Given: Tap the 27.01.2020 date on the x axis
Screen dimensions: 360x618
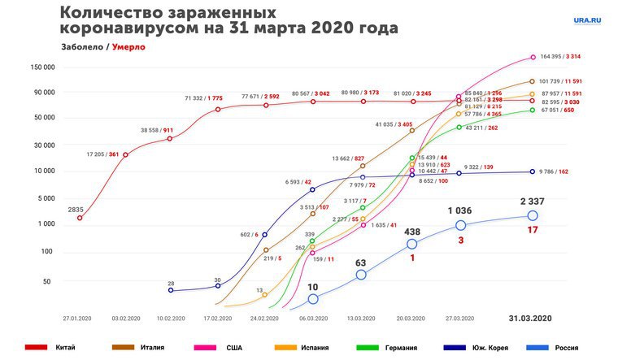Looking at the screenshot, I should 80,318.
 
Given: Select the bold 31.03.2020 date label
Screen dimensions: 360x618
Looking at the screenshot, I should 531,318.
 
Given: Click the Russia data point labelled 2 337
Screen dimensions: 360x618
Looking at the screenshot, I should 533,215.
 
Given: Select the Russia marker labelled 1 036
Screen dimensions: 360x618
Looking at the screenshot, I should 460,225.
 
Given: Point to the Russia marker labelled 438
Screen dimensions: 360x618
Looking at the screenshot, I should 412,244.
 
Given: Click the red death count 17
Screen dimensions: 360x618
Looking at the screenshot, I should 532,230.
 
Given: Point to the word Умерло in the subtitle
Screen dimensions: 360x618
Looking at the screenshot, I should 124,47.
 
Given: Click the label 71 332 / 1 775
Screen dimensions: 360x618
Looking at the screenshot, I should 203,98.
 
